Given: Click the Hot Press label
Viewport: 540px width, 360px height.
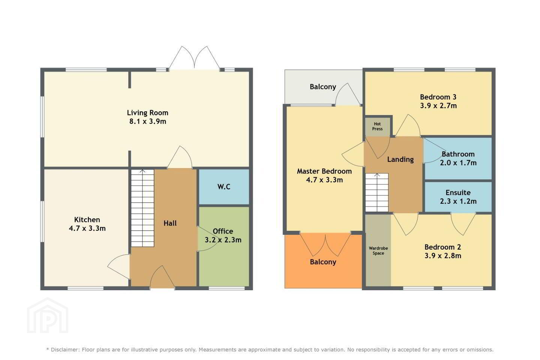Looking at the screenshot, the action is pos(377,126).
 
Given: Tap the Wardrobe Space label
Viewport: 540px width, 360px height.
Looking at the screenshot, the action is pos(378,251).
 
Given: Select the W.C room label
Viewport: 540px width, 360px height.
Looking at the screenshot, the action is pos(224,187).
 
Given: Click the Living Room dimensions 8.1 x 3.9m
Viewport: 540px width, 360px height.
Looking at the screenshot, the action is pos(147,121).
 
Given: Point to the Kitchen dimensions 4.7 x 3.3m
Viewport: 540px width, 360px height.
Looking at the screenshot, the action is pos(87,228).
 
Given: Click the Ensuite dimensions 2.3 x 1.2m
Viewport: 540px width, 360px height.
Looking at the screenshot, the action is pos(458,201).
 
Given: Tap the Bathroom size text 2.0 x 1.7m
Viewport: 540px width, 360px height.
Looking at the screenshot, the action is pos(458,163).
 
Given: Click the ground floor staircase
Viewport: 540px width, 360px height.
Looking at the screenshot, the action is pos(142,208).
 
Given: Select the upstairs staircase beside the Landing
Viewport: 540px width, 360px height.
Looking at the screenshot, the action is pos(377,192).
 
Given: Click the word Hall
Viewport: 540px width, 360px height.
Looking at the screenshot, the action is pos(170,223).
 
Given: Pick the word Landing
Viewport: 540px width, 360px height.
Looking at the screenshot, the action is pos(400,160).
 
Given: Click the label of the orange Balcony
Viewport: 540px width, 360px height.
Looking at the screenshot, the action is pos(323,262).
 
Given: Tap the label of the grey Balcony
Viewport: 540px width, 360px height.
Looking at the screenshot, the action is pos(323,87).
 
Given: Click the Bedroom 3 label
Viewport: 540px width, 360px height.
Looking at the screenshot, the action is pos(438,97).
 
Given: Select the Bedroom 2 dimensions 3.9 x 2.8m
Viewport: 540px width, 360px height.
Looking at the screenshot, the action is pos(443,256).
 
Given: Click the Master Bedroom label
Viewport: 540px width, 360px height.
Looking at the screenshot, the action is pos(324,171).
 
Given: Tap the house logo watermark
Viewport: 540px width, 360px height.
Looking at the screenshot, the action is pos(48,315).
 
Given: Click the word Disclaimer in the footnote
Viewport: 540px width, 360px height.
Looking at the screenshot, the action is pos(64,349).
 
